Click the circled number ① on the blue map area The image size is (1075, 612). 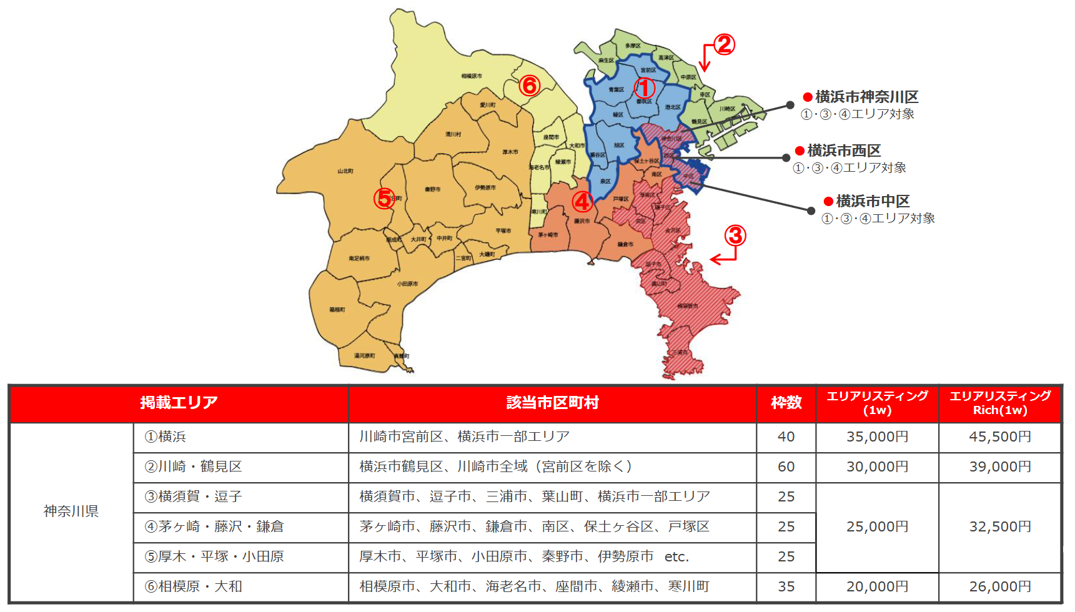(644, 88)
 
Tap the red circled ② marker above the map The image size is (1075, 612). (724, 44)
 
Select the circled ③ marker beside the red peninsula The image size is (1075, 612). (735, 235)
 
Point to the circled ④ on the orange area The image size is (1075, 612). (582, 202)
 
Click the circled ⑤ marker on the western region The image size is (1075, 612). (384, 199)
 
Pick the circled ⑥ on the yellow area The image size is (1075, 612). (530, 85)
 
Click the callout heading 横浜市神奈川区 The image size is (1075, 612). (866, 97)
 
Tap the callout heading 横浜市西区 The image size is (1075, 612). (843, 151)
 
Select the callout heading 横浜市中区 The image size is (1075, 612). (872, 201)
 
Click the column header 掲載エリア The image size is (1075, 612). (179, 403)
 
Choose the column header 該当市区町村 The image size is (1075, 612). (552, 403)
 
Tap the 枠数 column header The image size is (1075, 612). (786, 403)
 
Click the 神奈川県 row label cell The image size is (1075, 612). (71, 511)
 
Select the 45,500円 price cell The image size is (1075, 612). (999, 437)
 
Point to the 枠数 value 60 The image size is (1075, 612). (786, 467)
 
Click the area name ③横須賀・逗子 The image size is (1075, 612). (194, 497)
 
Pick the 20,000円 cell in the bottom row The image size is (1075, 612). (877, 587)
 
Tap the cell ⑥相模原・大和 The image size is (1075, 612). (194, 587)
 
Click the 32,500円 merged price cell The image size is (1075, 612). (999, 527)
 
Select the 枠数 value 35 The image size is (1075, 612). (786, 587)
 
